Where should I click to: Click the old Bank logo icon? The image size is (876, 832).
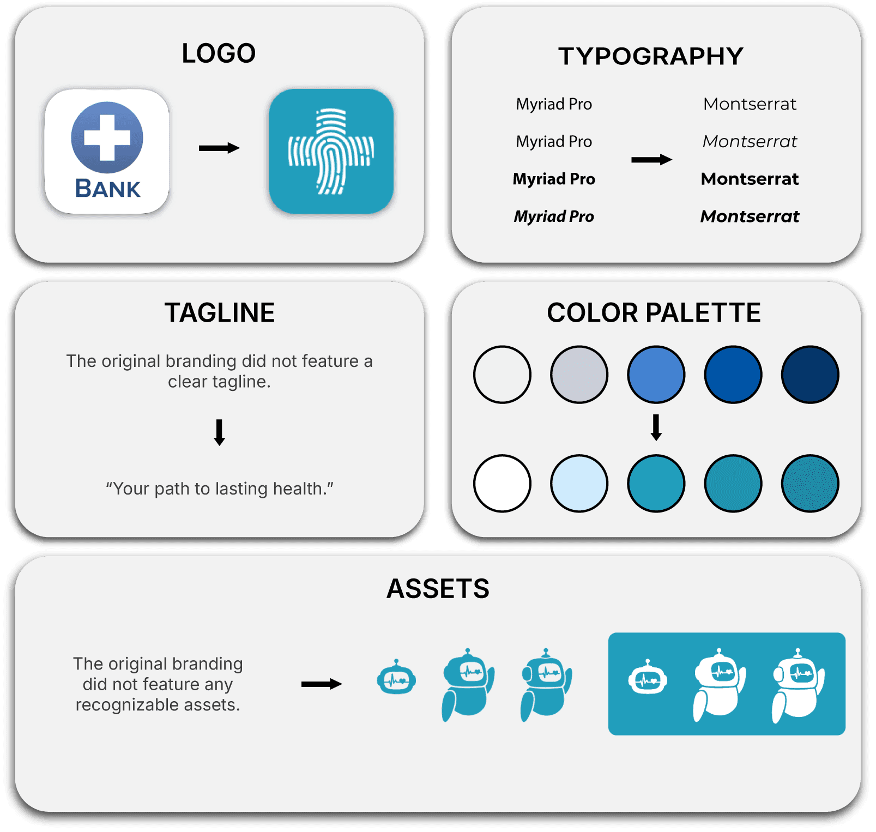107,151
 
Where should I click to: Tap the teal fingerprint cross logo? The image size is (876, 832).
331,151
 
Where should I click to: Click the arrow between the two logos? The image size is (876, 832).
219,148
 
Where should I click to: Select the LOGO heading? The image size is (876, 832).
219,53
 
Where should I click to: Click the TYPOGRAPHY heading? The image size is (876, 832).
651,56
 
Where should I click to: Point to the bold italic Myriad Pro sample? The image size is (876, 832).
554,216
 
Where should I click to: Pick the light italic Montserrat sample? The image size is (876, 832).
750,142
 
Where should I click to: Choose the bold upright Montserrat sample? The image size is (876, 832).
750,179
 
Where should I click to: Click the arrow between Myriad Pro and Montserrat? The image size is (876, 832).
651,160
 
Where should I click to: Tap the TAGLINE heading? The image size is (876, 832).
220,313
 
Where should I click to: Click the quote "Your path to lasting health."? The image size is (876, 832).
220,489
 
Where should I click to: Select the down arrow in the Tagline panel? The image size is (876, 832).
220,432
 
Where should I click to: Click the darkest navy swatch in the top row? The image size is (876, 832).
809,375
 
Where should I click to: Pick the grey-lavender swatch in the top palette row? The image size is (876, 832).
579,375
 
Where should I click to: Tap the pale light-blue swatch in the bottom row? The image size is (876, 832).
579,483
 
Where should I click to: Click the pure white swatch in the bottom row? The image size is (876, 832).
502,483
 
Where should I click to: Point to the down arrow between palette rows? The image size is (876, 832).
656,427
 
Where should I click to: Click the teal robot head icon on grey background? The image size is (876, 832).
396,678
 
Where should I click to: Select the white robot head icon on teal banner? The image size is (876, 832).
648,678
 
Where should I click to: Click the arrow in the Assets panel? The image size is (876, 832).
322,684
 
